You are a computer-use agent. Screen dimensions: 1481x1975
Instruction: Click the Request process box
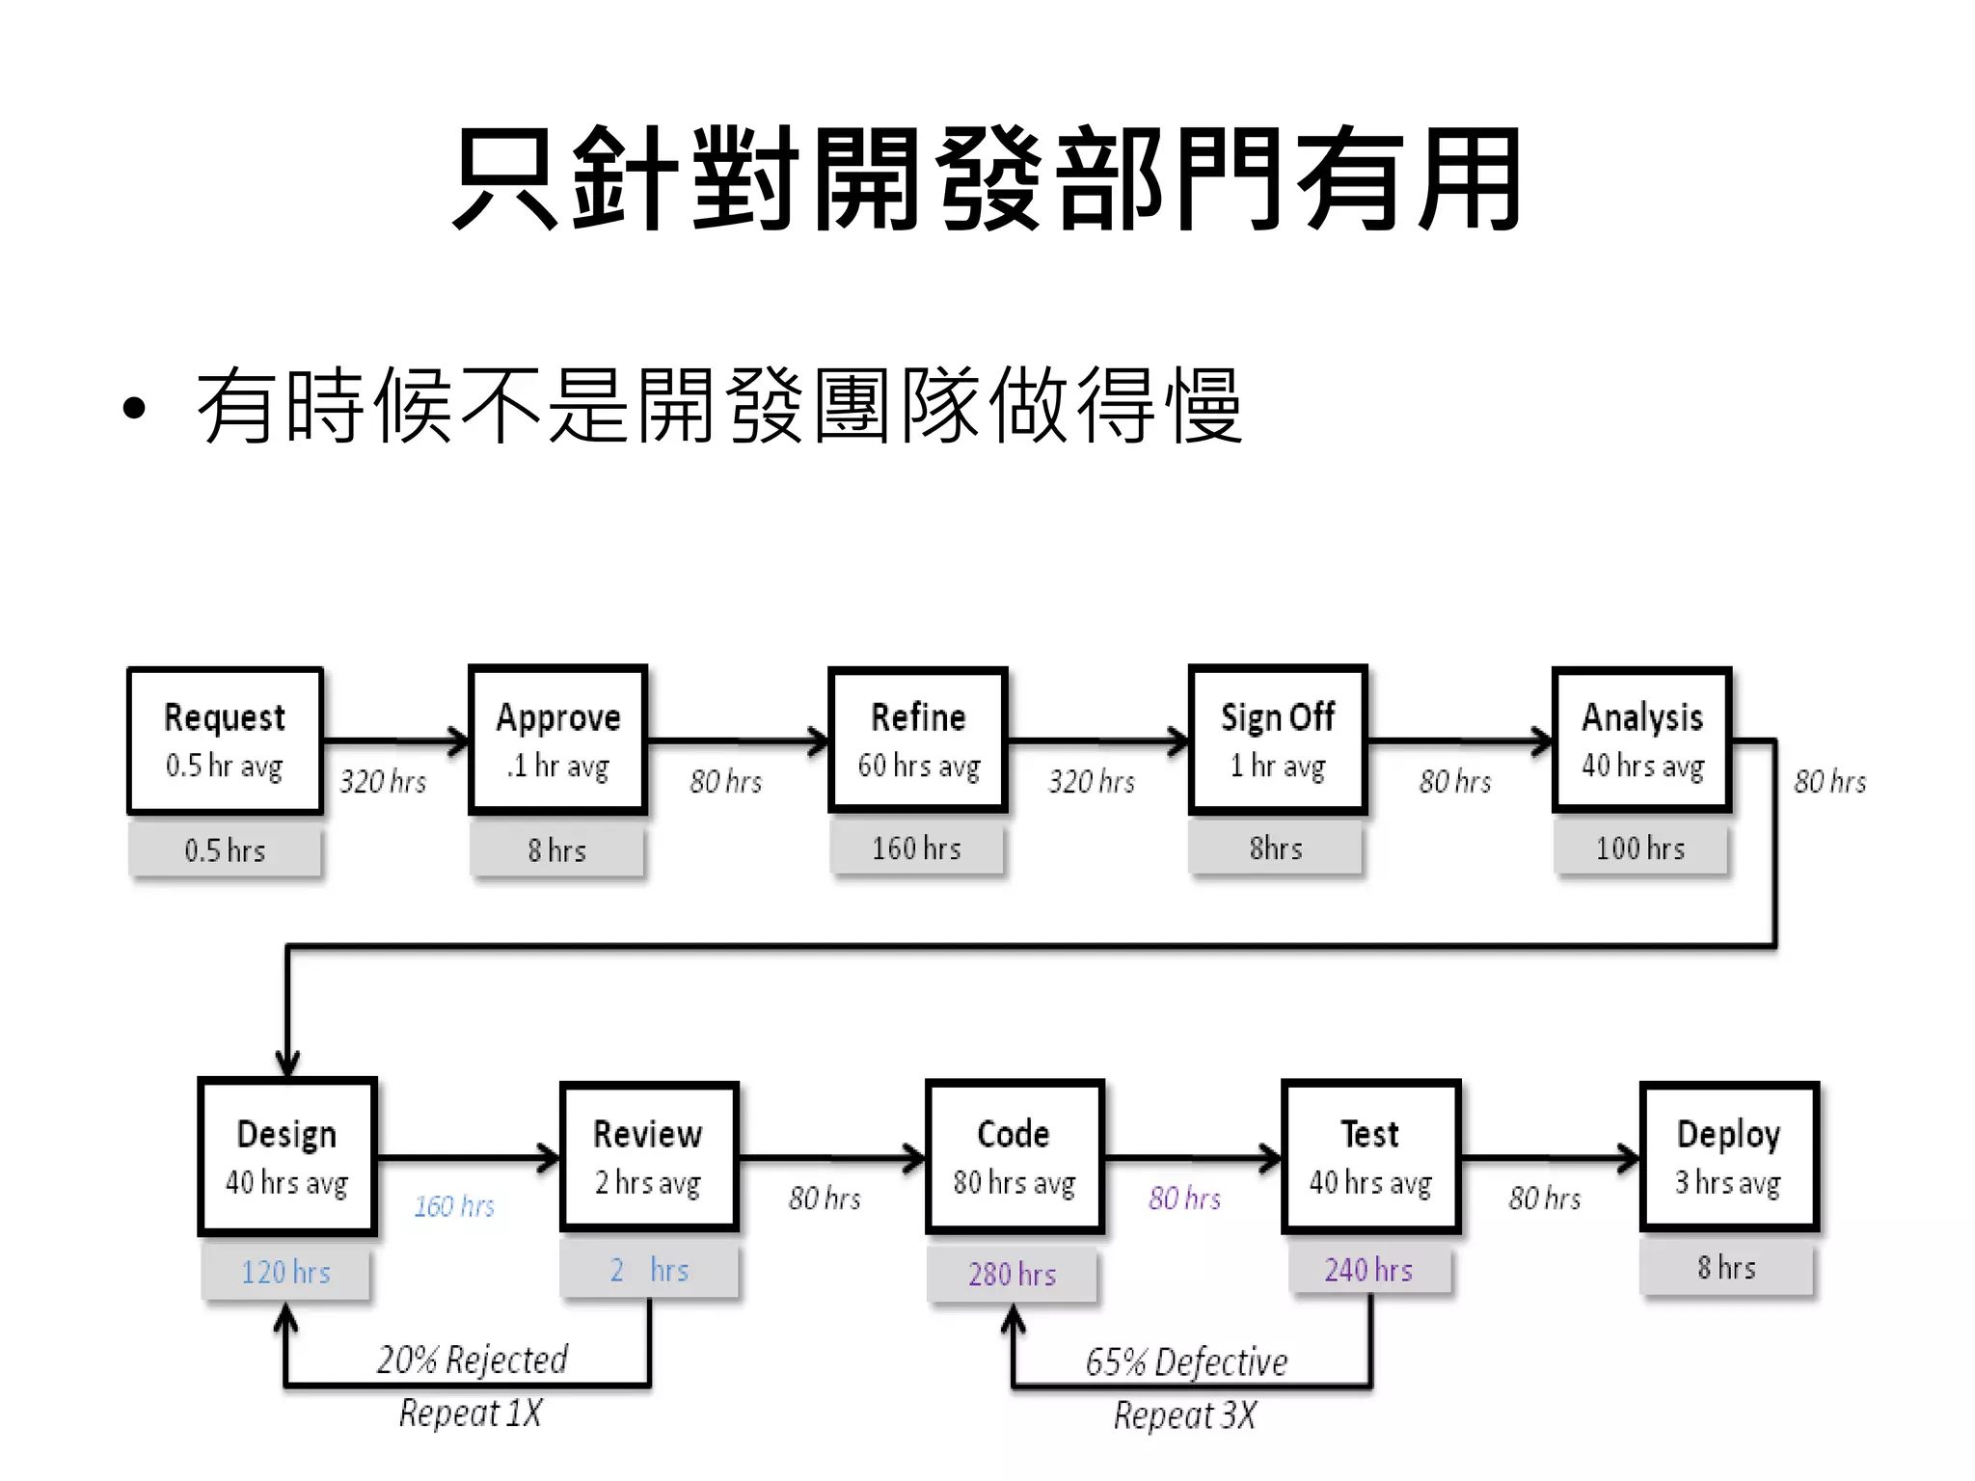tap(225, 740)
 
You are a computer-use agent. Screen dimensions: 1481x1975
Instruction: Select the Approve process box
tap(557, 740)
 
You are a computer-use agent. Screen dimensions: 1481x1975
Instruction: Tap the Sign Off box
tap(1278, 740)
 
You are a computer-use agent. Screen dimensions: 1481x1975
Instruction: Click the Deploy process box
tap(1728, 1157)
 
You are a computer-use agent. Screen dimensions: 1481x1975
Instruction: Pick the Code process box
tap(1014, 1157)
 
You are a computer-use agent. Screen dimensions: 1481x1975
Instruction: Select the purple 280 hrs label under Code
tap(1013, 1275)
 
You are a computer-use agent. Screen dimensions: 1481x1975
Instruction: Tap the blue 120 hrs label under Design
tap(285, 1273)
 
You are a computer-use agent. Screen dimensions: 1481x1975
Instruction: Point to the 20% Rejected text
tap(472, 1360)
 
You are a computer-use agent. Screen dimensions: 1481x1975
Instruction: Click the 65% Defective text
tap(1186, 1362)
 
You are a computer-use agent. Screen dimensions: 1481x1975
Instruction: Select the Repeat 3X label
tap(1185, 1415)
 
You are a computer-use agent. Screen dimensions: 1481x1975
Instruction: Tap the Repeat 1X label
tap(471, 1414)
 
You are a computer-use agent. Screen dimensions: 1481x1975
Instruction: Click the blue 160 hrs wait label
tap(454, 1206)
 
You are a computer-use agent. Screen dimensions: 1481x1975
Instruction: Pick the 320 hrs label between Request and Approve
tap(383, 781)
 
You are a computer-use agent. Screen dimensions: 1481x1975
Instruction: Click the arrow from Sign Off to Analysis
tap(1460, 741)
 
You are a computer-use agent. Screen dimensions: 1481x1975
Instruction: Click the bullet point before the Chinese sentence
tap(134, 409)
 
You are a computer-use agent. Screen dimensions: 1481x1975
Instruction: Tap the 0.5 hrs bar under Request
tap(225, 850)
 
